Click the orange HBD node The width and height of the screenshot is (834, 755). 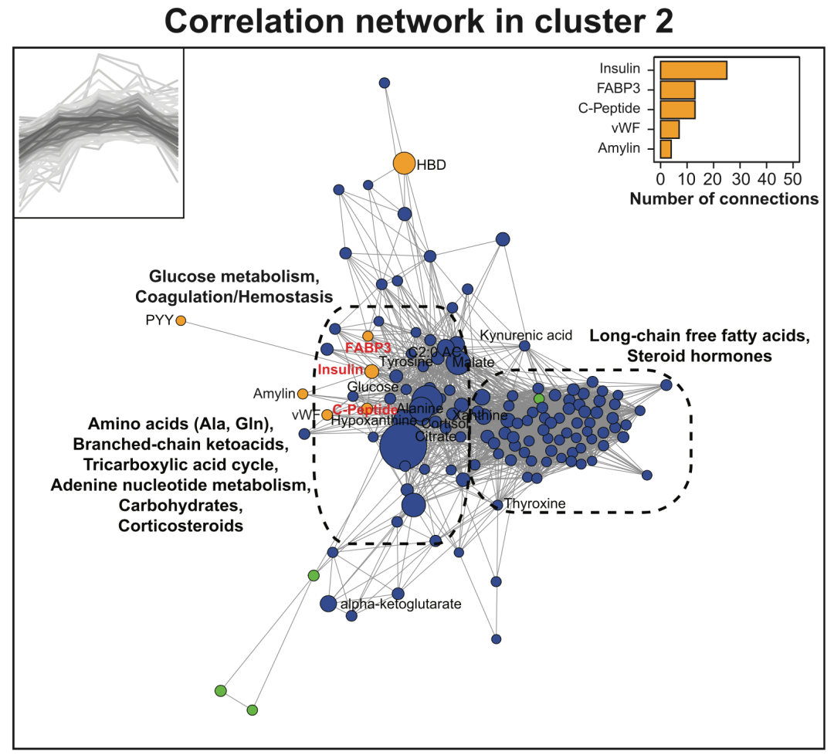coord(404,164)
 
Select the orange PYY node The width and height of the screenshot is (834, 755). coord(181,320)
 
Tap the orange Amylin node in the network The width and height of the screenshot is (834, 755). coord(303,394)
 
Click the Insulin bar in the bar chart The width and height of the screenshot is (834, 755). coord(693,69)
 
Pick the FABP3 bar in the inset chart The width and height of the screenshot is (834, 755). coord(677,90)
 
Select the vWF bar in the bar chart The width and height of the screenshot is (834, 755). coord(670,128)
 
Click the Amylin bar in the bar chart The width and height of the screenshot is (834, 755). coord(666,147)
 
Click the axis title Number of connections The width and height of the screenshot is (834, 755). coord(724,198)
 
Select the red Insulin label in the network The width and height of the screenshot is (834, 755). coord(340,371)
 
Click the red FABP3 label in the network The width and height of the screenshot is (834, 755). coord(368,347)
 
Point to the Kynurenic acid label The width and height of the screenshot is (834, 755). coord(526,335)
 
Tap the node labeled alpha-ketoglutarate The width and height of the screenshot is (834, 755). coord(328,604)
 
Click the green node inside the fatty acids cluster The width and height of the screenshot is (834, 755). coord(539,398)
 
